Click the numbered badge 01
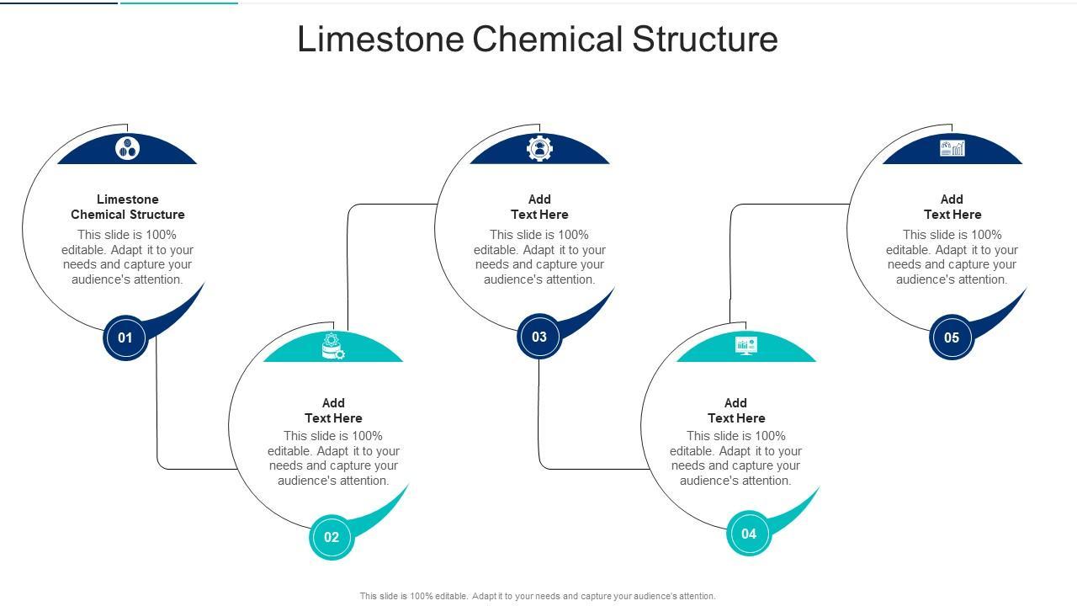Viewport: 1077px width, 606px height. point(125,338)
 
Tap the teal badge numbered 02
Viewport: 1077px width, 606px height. point(332,537)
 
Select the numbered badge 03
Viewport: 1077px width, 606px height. point(539,337)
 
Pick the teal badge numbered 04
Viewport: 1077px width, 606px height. point(749,533)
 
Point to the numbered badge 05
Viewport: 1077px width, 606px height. point(952,338)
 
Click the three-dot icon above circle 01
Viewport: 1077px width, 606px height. point(128,149)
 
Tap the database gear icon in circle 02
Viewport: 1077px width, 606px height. point(333,346)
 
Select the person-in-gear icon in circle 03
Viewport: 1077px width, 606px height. point(539,148)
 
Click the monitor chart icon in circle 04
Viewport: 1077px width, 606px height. point(745,345)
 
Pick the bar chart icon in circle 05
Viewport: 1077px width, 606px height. point(952,149)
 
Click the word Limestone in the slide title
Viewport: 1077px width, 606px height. point(380,40)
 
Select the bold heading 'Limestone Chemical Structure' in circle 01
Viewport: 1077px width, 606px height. point(128,207)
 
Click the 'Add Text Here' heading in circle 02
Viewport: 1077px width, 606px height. point(333,411)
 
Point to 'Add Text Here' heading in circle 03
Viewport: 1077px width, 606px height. point(539,207)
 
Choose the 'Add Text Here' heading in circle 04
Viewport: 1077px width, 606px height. point(736,411)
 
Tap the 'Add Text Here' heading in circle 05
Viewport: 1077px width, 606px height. point(952,207)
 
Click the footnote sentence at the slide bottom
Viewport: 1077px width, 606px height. point(538,596)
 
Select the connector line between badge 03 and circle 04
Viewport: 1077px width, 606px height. point(539,421)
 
